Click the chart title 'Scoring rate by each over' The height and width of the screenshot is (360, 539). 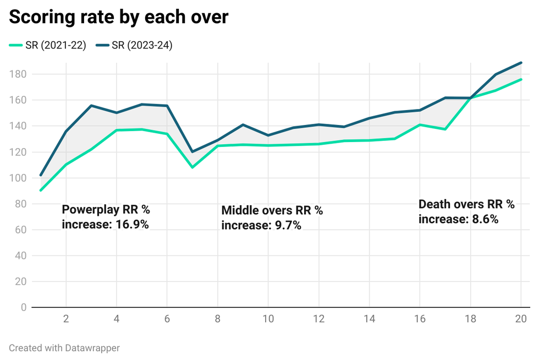pyautogui.click(x=118, y=17)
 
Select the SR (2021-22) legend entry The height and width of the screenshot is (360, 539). pyautogui.click(x=48, y=46)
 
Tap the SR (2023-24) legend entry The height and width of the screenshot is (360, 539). pyautogui.click(x=134, y=46)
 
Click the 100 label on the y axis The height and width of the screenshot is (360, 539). pyautogui.click(x=20, y=178)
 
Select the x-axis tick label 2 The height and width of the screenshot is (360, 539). pyautogui.click(x=66, y=319)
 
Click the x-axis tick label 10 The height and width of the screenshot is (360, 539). pyautogui.click(x=268, y=319)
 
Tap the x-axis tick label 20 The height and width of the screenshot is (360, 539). pyautogui.click(x=520, y=319)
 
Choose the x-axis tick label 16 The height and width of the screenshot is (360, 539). pyautogui.click(x=420, y=319)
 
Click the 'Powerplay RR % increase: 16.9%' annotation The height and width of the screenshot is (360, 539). pyautogui.click(x=106, y=217)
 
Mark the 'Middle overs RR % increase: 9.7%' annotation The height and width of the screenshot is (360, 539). pyautogui.click(x=272, y=217)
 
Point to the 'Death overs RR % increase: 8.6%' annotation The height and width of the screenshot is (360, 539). pyautogui.click(x=466, y=211)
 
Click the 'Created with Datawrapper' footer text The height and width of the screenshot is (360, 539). pyautogui.click(x=64, y=348)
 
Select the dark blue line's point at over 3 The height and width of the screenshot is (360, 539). pyautogui.click(x=91, y=106)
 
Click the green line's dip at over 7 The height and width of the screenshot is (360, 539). pyautogui.click(x=192, y=167)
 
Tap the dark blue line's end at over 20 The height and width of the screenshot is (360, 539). pyautogui.click(x=521, y=63)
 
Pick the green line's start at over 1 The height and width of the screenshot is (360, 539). pyautogui.click(x=41, y=190)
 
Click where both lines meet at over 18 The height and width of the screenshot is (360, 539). pyautogui.click(x=470, y=98)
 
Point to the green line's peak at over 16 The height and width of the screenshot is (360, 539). pyautogui.click(x=420, y=125)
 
